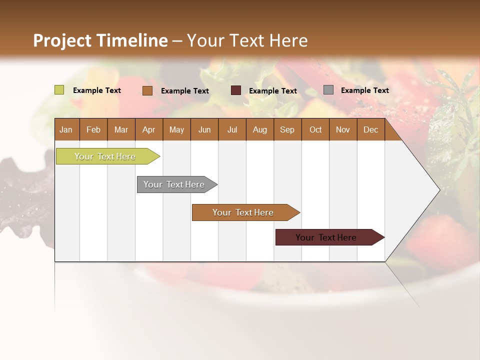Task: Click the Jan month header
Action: (x=66, y=129)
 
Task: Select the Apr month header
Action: (x=148, y=129)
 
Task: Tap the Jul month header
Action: (x=232, y=129)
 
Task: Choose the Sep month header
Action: (x=287, y=129)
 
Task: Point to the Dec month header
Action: (x=370, y=129)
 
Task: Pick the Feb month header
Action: (x=93, y=129)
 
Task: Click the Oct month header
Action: (x=315, y=129)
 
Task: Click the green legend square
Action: (x=59, y=90)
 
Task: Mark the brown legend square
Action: (x=147, y=90)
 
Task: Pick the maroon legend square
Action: (x=236, y=90)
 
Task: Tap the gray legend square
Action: (x=328, y=90)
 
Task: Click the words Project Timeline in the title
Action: (x=100, y=40)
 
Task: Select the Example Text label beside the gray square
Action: (x=364, y=90)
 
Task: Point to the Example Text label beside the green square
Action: (x=97, y=90)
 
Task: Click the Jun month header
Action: (x=204, y=129)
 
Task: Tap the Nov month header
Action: (x=343, y=129)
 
